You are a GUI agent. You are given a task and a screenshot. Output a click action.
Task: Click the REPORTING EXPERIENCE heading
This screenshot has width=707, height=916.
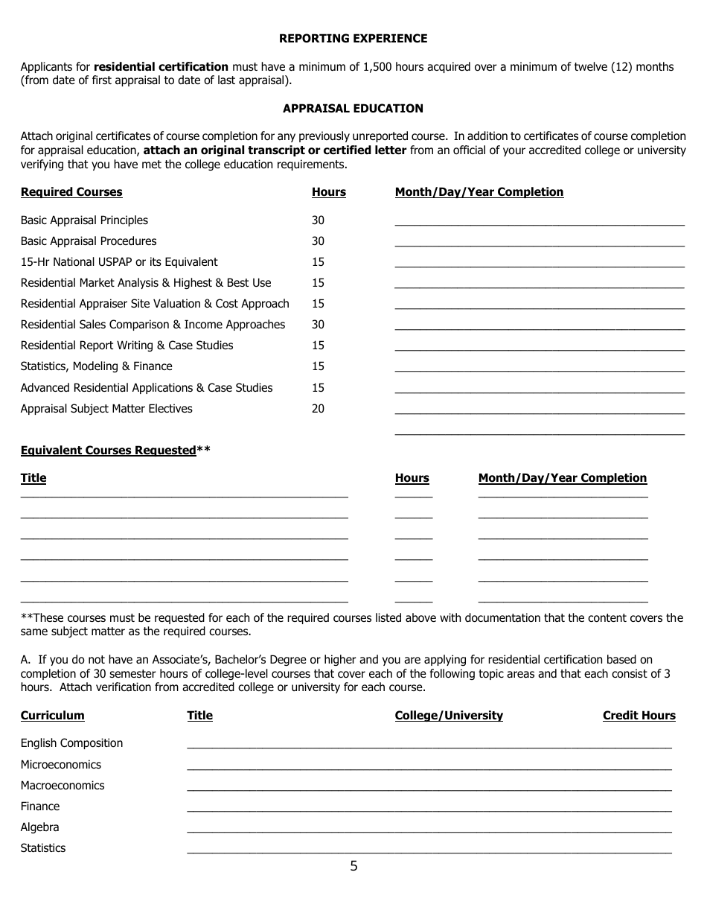353,38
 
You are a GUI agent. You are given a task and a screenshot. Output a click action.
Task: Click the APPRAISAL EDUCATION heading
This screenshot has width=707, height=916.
353,108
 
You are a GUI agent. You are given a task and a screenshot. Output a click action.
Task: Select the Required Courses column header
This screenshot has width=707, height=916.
71,192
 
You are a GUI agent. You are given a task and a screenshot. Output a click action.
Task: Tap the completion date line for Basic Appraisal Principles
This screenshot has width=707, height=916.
539,221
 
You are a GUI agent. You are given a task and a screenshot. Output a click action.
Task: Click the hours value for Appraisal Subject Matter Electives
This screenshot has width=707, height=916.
318,409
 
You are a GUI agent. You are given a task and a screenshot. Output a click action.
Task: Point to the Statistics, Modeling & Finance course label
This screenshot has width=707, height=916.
96,366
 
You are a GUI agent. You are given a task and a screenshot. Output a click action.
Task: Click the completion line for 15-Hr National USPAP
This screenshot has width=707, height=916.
539,263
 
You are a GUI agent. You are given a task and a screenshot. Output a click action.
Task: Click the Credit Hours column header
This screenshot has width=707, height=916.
639,716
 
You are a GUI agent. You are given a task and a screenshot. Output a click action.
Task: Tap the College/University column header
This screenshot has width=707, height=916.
449,716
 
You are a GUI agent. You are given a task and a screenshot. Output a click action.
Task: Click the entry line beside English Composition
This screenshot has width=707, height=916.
429,744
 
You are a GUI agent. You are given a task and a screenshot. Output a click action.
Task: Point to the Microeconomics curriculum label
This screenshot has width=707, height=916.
60,765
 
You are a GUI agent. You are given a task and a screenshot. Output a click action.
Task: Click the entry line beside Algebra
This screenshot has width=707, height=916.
429,828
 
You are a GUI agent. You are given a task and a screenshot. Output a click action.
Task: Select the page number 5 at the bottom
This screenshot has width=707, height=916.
353,866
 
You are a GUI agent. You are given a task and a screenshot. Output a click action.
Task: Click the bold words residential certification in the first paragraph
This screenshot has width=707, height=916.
161,67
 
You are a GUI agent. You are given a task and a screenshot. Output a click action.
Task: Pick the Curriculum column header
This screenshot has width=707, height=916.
52,716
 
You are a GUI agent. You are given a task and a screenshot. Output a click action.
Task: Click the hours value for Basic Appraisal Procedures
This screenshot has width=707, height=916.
318,241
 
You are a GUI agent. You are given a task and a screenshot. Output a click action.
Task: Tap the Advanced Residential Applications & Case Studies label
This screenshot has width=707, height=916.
147,388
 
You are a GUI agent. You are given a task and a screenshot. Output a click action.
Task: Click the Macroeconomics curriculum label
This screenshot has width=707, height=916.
63,786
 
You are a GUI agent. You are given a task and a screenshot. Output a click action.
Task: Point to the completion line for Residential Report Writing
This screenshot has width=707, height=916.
539,346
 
